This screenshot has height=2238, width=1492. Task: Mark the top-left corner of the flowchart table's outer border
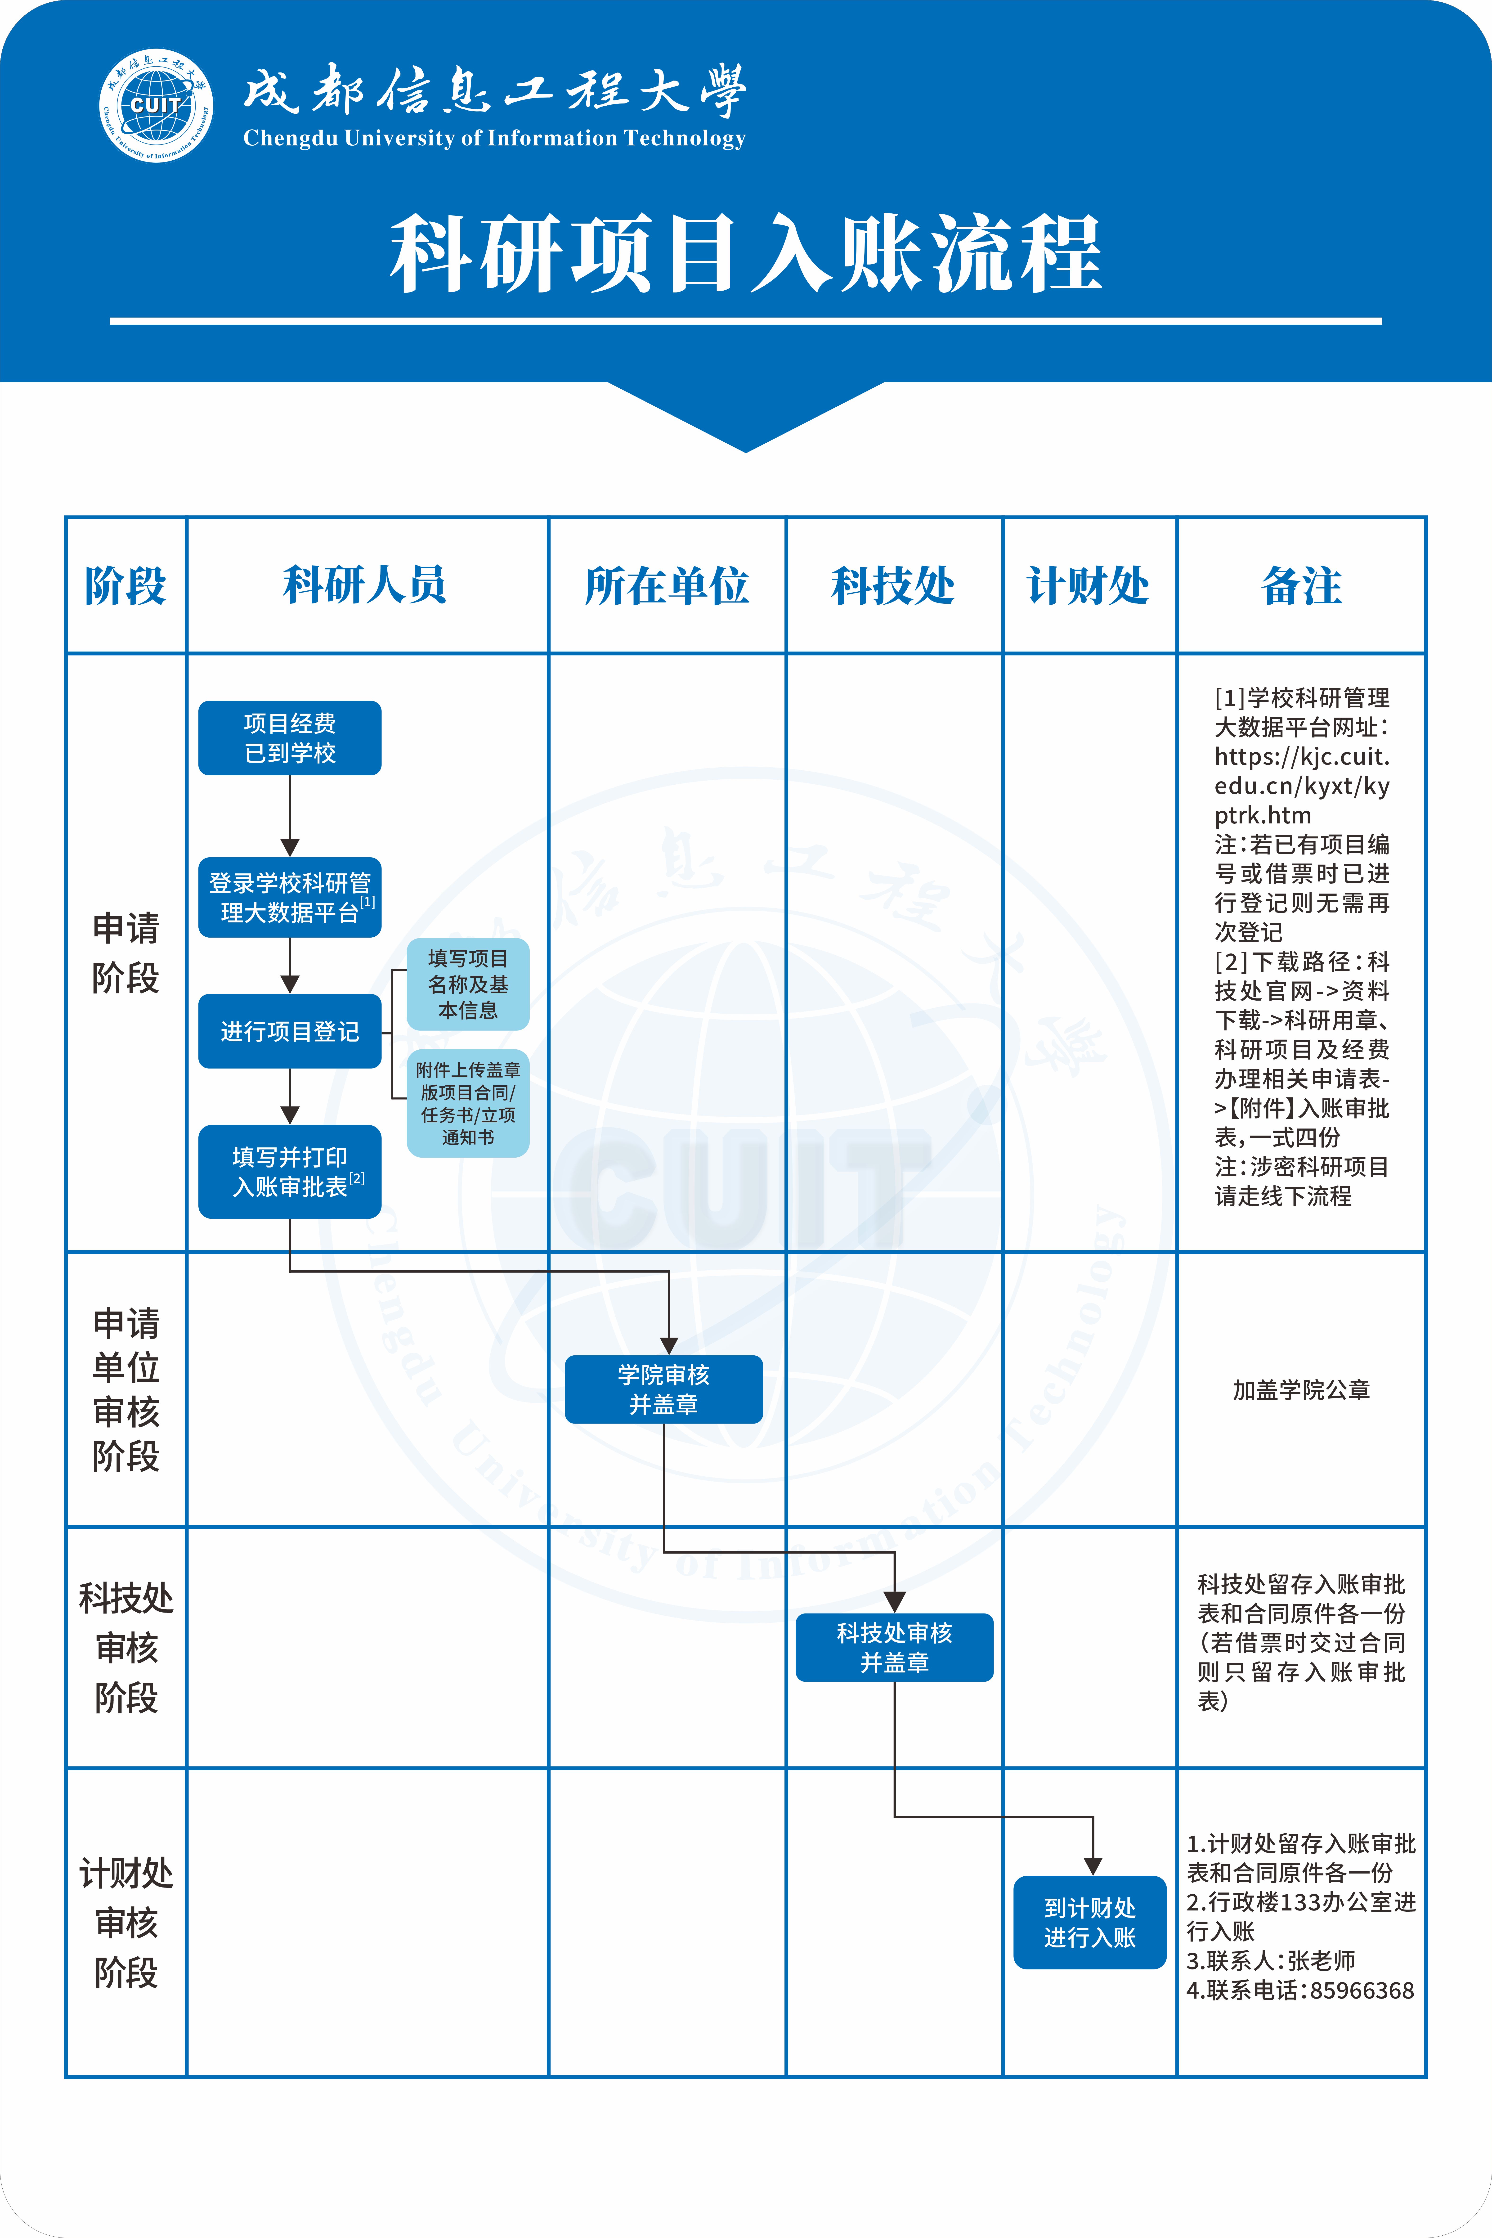(66, 518)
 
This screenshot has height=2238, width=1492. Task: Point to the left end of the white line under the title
(110, 322)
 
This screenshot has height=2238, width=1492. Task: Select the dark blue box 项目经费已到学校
(290, 738)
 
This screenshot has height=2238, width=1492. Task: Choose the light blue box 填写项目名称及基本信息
(468, 984)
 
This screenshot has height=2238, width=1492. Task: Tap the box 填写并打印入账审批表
(290, 1171)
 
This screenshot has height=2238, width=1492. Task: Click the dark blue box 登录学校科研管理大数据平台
(290, 897)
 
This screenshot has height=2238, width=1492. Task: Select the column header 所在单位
(667, 585)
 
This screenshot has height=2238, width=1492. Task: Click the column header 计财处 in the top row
(1089, 585)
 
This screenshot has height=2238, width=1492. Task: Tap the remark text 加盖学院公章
(1301, 1390)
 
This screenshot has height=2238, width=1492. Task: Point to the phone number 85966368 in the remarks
(1362, 1990)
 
